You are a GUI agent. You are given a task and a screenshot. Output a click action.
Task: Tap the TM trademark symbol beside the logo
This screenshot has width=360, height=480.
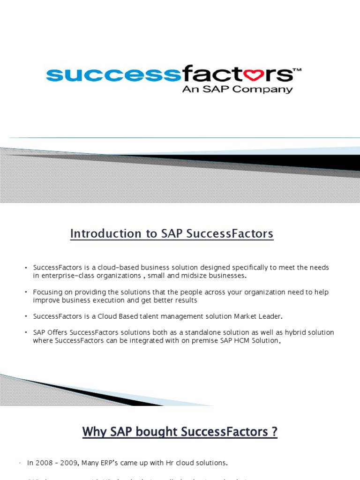tap(297, 70)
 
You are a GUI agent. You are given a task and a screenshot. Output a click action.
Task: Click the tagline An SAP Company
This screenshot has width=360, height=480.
tap(237, 89)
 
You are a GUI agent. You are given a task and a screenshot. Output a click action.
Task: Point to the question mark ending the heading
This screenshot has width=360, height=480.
tap(274, 431)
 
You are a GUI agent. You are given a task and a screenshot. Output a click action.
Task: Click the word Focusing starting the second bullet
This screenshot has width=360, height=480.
tap(48, 292)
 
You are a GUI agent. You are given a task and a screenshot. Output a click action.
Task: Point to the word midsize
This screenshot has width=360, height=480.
tap(186, 275)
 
